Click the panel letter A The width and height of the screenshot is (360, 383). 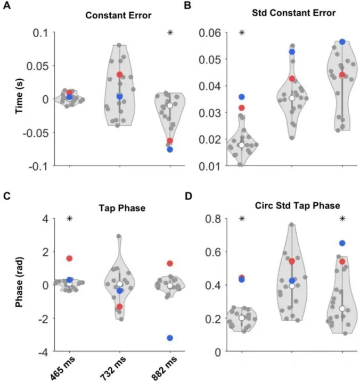point(7,6)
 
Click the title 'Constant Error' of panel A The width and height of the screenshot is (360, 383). point(119,15)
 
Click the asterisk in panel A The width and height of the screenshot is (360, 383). point(170,33)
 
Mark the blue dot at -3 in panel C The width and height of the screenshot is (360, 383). point(170,338)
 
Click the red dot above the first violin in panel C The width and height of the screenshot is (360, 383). point(69,259)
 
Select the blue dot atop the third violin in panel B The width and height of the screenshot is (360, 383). point(342,41)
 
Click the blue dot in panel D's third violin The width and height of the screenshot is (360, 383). point(342,243)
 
